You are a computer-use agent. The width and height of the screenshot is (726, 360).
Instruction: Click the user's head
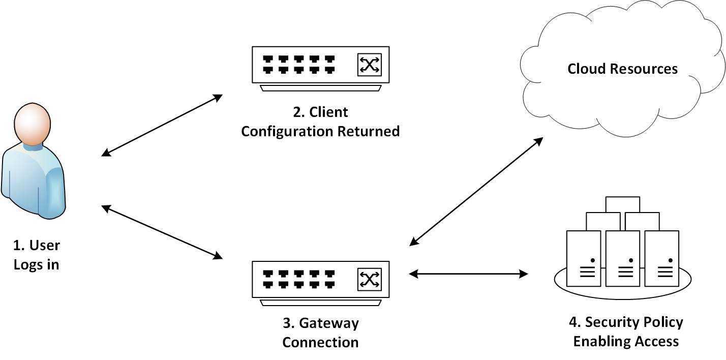pos(33,124)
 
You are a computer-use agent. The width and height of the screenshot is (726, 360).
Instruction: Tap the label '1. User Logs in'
pos(37,255)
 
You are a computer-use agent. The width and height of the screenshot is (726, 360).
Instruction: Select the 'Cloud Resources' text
pos(622,69)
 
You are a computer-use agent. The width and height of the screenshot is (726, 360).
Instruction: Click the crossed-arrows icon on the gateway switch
pos(370,279)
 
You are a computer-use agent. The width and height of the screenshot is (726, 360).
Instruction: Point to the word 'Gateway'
pos(329,323)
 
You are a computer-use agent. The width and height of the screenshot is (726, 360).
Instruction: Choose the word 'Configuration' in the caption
pos(287,131)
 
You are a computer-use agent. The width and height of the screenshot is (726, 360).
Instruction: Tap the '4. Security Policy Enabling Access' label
pos(626,332)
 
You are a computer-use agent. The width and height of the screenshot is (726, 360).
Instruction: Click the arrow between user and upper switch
pos(162,125)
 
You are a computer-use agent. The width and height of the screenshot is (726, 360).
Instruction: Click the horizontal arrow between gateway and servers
pos(468,274)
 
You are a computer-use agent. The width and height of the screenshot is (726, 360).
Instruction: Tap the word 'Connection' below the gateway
pos(320,342)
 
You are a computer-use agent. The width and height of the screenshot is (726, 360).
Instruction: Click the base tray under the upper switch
pos(320,88)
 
